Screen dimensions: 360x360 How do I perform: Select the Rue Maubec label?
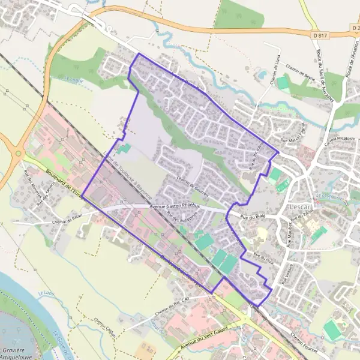pyautogui.click(x=289, y=230)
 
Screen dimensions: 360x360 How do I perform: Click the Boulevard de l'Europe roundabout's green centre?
pyautogui.click(x=18, y=154)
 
